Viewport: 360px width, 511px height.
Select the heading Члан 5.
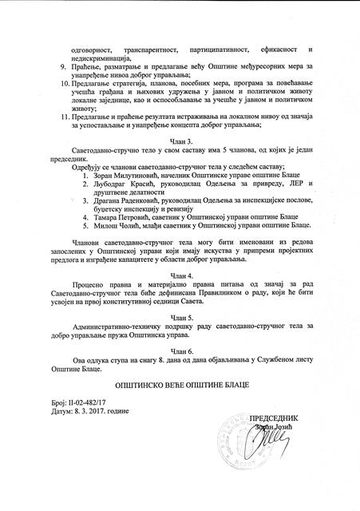[x=180, y=315]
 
